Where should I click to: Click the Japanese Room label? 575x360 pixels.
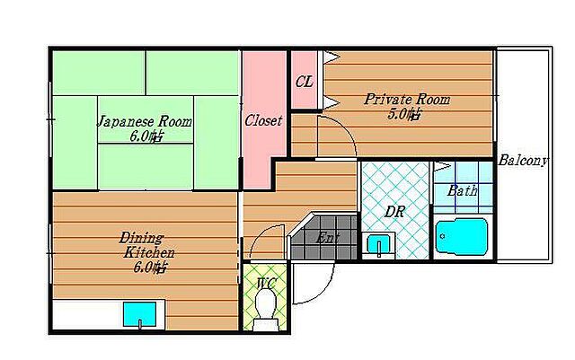pos(144,121)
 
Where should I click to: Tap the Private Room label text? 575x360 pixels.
pos(407,100)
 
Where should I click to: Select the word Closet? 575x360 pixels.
pos(263,120)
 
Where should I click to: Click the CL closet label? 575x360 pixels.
pos(305,82)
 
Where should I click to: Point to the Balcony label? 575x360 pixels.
pos(523,160)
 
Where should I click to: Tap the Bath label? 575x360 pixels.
pos(463,190)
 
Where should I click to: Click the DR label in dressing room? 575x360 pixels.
pos(394,212)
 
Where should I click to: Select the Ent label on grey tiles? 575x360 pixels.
pos(327,238)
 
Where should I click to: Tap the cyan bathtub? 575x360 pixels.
pos(462,236)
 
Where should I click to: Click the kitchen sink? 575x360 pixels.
pos(140,314)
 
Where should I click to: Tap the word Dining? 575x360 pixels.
pos(141,238)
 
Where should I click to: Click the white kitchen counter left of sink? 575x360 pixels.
pos(88,314)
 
